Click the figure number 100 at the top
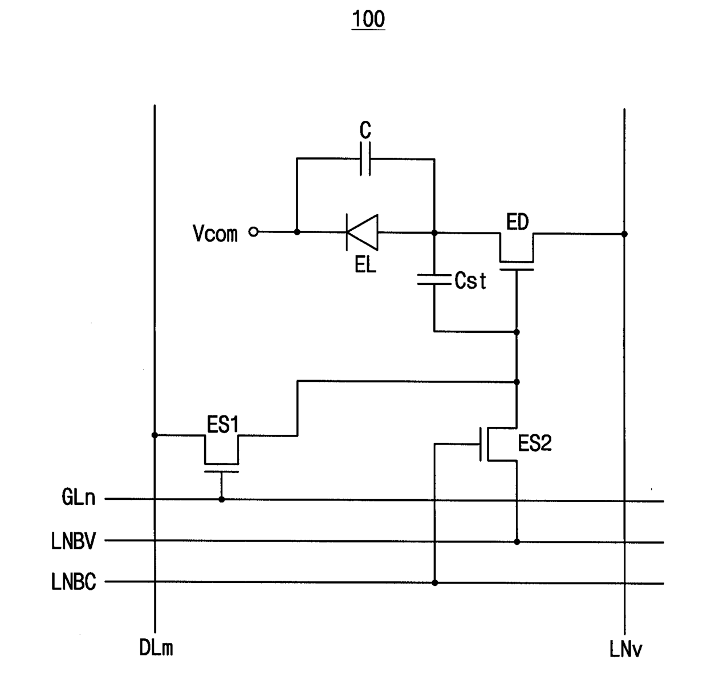coord(368,19)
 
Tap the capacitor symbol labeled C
coord(365,159)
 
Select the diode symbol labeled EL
coord(362,232)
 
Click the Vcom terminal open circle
coord(253,232)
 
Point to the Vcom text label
coord(216,233)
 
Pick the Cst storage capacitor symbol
coord(434,280)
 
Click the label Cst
coord(470,281)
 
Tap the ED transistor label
coord(517,222)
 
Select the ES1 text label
coord(223,425)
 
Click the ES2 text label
coord(535,443)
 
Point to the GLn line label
coord(79,498)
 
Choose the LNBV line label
coord(74,541)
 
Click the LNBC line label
coord(74,582)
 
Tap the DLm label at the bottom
coord(156,648)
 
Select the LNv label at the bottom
coord(625,649)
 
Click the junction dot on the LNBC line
coord(435,582)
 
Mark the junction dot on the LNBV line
coord(517,541)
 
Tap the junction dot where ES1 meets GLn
coord(222,499)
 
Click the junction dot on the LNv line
coord(624,234)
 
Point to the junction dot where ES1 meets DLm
coord(155,435)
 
